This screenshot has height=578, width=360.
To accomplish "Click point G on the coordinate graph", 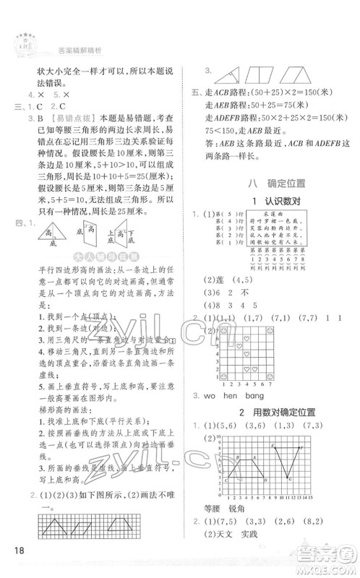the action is (x=291, y=480).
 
